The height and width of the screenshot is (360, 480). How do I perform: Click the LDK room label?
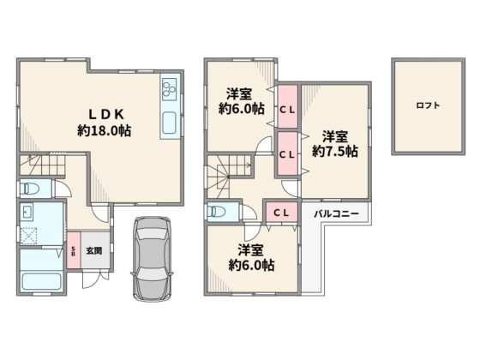coord(106,115)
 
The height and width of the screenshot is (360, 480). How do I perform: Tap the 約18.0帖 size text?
coord(105,130)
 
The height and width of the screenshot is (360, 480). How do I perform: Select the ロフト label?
coord(428,105)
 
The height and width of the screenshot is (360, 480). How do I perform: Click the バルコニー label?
coord(336,213)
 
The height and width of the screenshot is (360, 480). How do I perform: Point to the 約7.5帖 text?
coord(335,151)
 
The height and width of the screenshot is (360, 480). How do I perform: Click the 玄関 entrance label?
coord(94,251)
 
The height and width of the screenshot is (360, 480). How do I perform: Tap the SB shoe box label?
coord(74,251)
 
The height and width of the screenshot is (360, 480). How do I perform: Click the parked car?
coord(152,259)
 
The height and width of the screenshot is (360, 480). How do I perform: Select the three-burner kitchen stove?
coord(170,87)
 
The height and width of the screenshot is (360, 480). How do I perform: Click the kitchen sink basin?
coord(169,123)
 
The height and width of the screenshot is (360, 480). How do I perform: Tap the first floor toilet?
coord(30,189)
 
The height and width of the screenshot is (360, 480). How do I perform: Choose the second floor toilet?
coord(216,212)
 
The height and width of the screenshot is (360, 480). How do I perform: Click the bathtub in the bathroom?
coord(42,282)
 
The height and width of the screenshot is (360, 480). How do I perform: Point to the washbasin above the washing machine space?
coord(26,212)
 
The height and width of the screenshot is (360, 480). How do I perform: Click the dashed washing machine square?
coord(28,236)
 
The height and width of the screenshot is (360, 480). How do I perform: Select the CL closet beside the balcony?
coord(282,213)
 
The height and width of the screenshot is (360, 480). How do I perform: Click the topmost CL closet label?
coord(287,111)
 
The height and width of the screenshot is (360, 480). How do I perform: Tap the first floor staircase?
coord(43,165)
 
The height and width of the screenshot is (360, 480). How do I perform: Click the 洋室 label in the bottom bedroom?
coord(251,249)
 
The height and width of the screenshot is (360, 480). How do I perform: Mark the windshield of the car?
coord(152,233)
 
